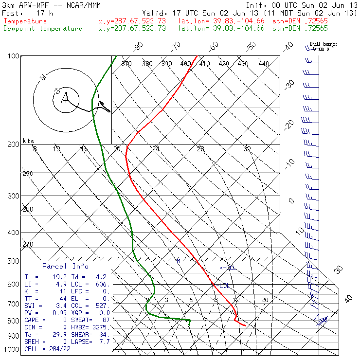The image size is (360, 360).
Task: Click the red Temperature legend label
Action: pyautogui.click(x=25, y=21)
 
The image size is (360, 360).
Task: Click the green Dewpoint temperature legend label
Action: pyautogui.click(x=43, y=29)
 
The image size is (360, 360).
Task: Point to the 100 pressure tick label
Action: pyautogui.click(x=13, y=56)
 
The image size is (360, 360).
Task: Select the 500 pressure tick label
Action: pyautogui.click(x=13, y=261)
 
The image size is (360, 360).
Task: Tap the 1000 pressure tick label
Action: pyautogui.click(x=12, y=350)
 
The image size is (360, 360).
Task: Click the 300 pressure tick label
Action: pyautogui.click(x=13, y=196)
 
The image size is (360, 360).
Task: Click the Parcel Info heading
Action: pyautogui.click(x=65, y=266)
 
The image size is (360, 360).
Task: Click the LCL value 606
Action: pyautogui.click(x=102, y=284)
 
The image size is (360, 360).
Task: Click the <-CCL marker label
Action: pyautogui.click(x=227, y=268)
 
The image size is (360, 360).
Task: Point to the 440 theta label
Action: pyautogui.click(x=264, y=64)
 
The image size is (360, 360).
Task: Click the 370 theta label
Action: pyautogui.click(x=126, y=64)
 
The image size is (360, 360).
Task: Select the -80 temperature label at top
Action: pyautogui.click(x=139, y=46)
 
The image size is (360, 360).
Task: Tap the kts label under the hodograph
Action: pyautogui.click(x=29, y=141)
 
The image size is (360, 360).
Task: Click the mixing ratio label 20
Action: pyautogui.click(x=265, y=300)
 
